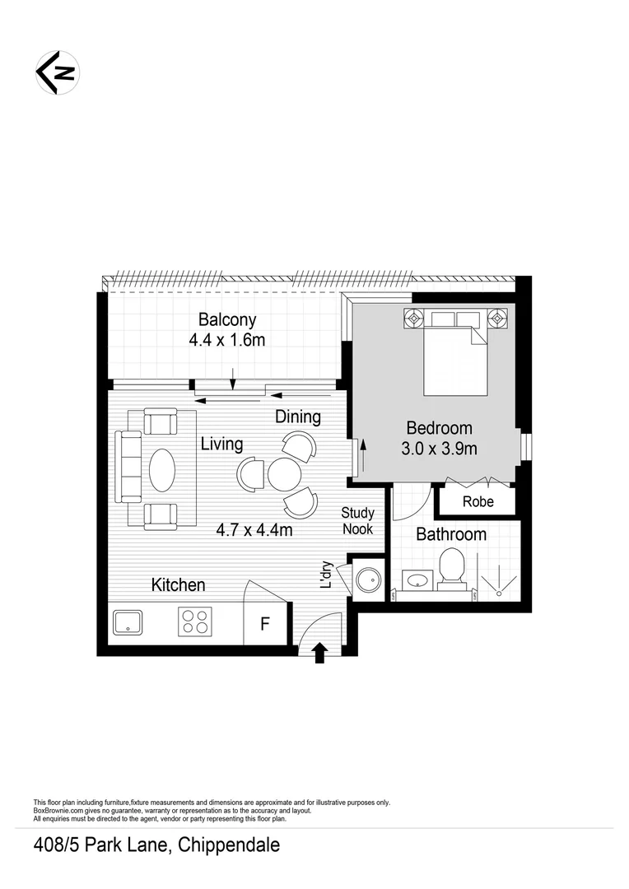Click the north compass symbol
coord(57,72)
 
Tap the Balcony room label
coord(227,319)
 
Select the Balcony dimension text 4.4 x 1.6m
coord(227,340)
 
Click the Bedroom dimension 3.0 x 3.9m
coord(439,449)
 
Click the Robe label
coord(478,501)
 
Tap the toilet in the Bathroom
coord(452,568)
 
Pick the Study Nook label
coord(358,521)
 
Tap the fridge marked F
coord(265,624)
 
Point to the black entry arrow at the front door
coord(320,654)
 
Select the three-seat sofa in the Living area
coord(129,467)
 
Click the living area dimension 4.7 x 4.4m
coord(254,530)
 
